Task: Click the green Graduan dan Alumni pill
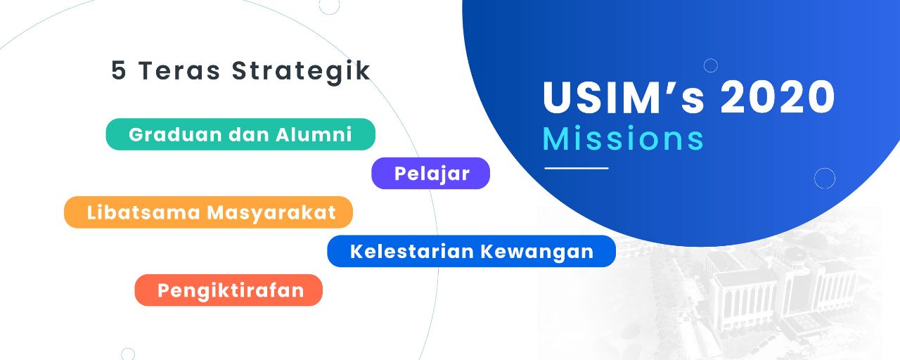pyautogui.click(x=240, y=134)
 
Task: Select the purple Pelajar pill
pyautogui.click(x=430, y=173)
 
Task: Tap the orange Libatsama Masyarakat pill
pyautogui.click(x=208, y=212)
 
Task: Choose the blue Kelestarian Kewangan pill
pyautogui.click(x=471, y=251)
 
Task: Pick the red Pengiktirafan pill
pyautogui.click(x=229, y=290)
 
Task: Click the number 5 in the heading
pyautogui.click(x=119, y=71)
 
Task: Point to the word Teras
pyautogui.click(x=179, y=71)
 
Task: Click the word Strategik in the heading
pyautogui.click(x=301, y=72)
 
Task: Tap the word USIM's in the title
pyautogui.click(x=623, y=97)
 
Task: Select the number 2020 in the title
pyautogui.click(x=778, y=97)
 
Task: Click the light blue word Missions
pyautogui.click(x=623, y=139)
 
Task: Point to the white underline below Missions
pyautogui.click(x=577, y=168)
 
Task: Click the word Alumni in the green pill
pyautogui.click(x=314, y=134)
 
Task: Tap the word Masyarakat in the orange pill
pyautogui.click(x=271, y=213)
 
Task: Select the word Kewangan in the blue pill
pyautogui.click(x=537, y=252)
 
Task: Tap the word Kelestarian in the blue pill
pyautogui.click(x=412, y=252)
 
